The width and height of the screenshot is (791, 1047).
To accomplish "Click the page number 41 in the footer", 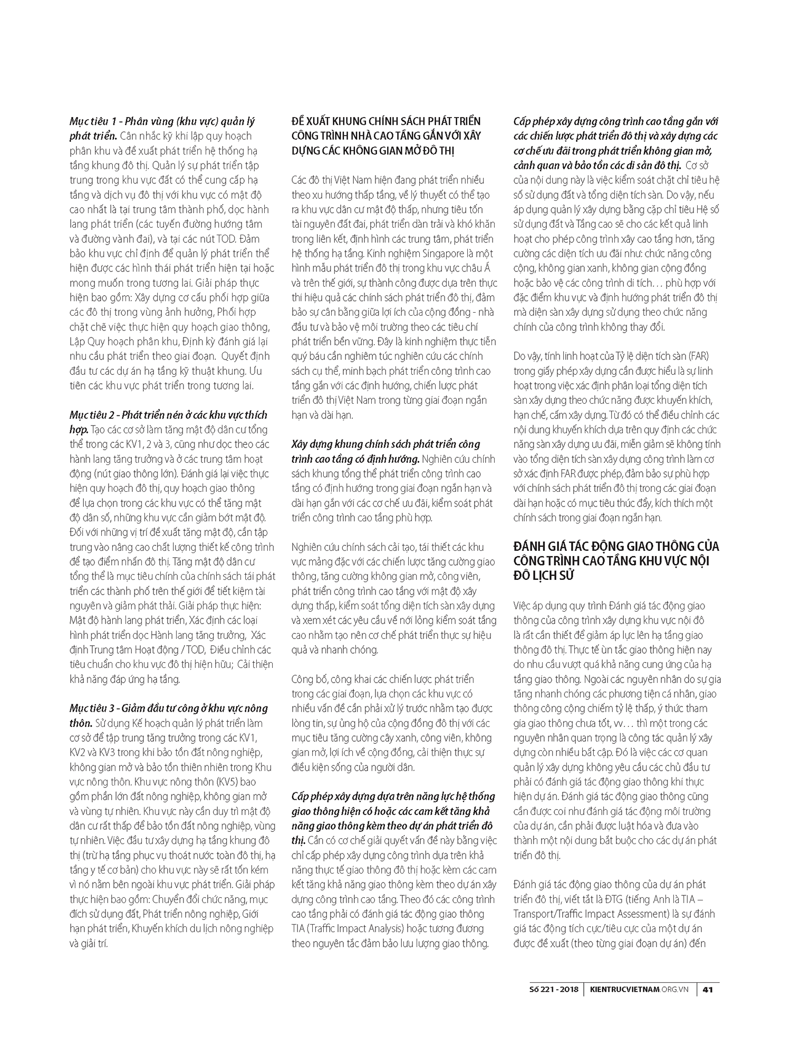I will pos(708,990).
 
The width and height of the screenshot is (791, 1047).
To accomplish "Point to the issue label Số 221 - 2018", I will pos(553,990).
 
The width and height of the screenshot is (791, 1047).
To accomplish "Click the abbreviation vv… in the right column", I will pos(610,723).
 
